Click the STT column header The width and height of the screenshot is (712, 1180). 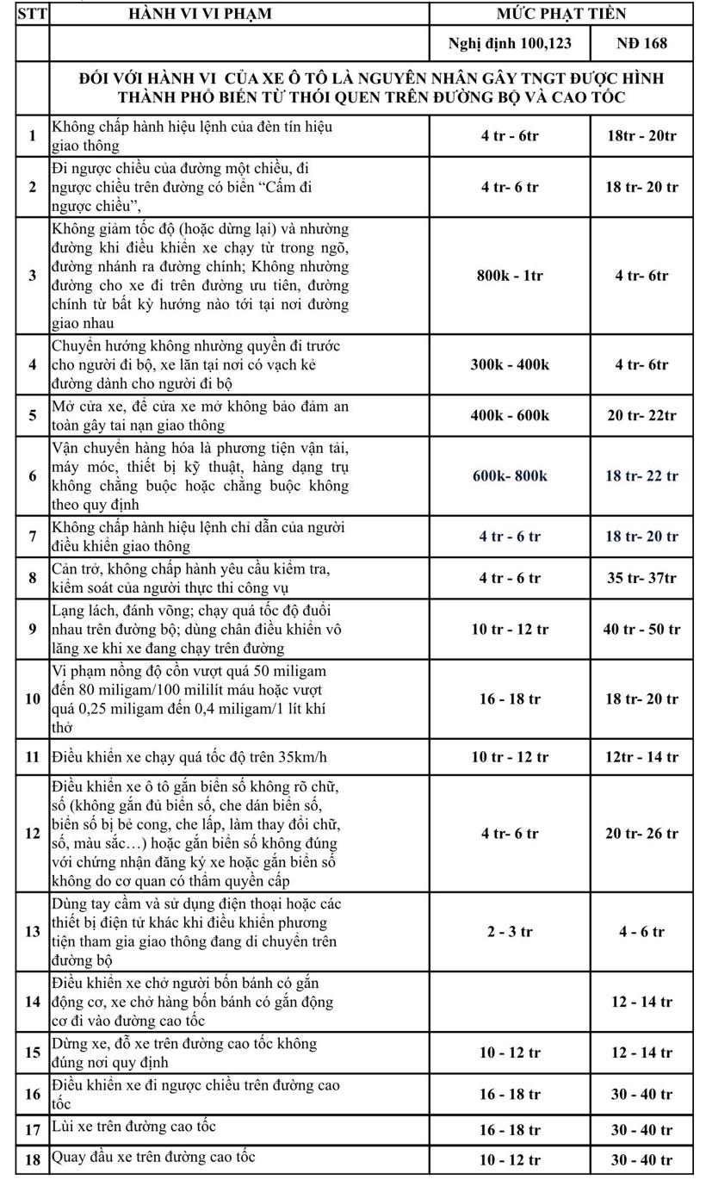(32, 14)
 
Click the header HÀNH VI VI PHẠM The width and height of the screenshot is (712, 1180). (200, 14)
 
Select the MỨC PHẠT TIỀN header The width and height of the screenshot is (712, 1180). (560, 14)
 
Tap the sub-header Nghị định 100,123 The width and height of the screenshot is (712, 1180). (509, 43)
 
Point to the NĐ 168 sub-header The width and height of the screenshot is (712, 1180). (641, 43)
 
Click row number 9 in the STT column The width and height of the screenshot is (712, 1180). (33, 629)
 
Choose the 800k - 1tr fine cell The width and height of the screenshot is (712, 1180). (510, 276)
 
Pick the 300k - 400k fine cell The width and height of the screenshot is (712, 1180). (510, 364)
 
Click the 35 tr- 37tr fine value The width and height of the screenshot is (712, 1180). (641, 578)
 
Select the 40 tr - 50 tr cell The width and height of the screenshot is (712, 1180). (641, 630)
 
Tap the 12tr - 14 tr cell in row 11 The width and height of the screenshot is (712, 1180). (641, 757)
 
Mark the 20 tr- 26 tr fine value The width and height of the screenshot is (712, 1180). (641, 833)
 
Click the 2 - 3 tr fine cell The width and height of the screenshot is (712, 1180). (510, 931)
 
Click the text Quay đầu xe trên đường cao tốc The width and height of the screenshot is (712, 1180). (153, 1157)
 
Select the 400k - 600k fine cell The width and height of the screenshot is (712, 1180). (510, 415)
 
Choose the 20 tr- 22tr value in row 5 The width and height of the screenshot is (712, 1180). (641, 415)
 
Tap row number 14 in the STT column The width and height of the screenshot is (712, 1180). (33, 1001)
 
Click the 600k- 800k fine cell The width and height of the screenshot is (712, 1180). (510, 475)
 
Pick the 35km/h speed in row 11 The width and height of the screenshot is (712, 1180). (300, 757)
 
